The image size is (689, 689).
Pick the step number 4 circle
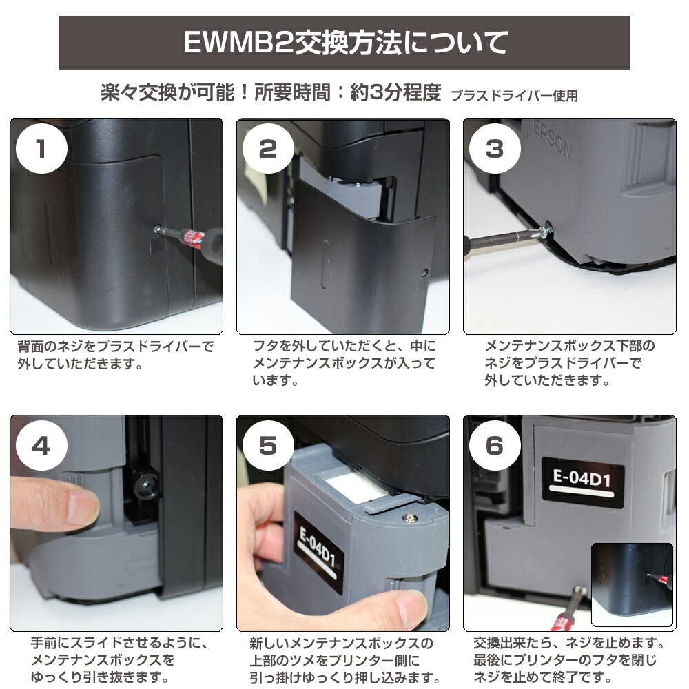pyautogui.click(x=41, y=446)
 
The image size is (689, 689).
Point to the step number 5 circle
pyautogui.click(x=267, y=446)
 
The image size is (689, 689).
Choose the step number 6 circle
pyautogui.click(x=494, y=446)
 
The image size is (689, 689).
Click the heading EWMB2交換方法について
pyautogui.click(x=344, y=43)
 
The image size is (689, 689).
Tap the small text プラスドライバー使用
pyautogui.click(x=514, y=96)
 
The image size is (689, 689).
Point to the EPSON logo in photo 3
pyautogui.click(x=552, y=141)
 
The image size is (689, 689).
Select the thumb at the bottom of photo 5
pyautogui.click(x=407, y=610)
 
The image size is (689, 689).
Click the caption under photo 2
pyautogui.click(x=344, y=362)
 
